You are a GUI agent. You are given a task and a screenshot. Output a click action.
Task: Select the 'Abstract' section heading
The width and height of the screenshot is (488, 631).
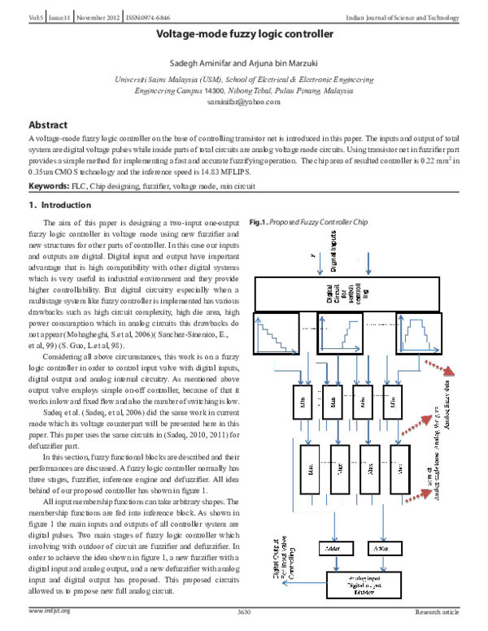click(x=48, y=125)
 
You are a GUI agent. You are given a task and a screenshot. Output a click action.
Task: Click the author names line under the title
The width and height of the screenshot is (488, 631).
click(x=244, y=63)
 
